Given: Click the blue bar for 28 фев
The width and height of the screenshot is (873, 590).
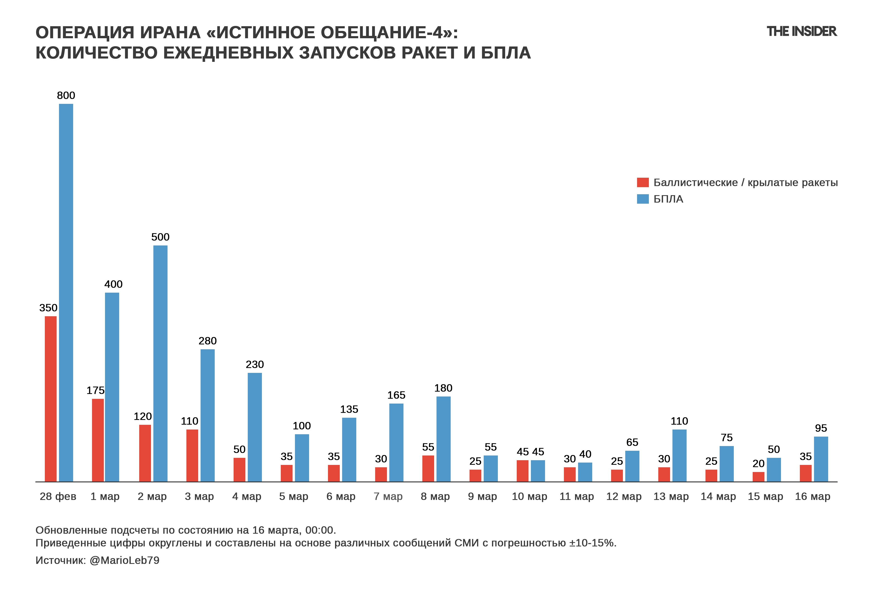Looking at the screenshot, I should coord(66,293).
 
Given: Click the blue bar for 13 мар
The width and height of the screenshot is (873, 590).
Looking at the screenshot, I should coord(679,455).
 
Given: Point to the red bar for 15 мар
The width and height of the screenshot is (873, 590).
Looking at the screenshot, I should coord(758,476).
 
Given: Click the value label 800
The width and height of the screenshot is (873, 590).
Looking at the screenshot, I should coord(66,95).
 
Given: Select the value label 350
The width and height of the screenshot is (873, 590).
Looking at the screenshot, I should coord(48,308).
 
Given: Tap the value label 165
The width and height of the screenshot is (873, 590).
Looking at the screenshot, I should coord(396,395).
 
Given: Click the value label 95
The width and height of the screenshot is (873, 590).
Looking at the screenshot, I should coord(821,428).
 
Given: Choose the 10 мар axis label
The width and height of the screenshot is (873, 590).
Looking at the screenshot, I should coord(529,497).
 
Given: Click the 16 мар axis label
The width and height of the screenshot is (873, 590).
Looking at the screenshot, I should coord(813,497).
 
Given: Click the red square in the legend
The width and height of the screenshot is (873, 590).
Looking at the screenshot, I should coord(643,182).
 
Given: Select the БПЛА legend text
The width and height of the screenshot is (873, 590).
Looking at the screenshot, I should coord(668,199).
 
